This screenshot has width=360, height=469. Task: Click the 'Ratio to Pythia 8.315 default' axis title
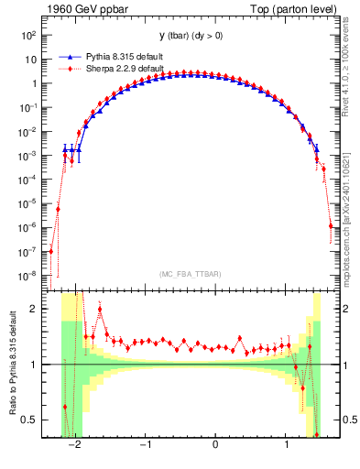(x=12, y=365)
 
